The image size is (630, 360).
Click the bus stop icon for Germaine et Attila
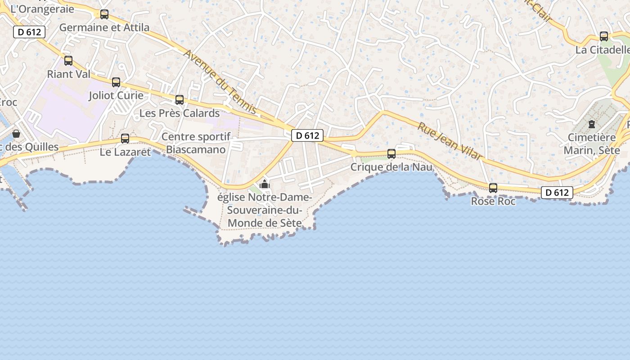click(104, 14)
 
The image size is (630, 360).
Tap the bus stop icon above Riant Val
click(68, 61)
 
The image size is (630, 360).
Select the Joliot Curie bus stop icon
click(116, 82)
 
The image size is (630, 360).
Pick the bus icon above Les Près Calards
click(180, 100)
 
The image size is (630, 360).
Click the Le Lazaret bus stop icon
click(125, 139)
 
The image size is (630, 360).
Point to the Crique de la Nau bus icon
click(391, 154)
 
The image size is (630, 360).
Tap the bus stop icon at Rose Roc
click(493, 188)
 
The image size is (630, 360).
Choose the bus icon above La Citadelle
click(604, 36)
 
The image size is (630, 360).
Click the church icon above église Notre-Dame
click(265, 184)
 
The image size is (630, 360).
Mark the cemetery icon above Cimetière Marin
click(592, 124)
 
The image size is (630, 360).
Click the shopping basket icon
click(16, 134)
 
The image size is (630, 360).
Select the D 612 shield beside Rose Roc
click(557, 193)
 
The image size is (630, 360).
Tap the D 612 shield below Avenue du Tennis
click(307, 135)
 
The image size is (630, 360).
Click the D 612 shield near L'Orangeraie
click(30, 32)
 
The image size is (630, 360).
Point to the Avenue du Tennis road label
click(220, 81)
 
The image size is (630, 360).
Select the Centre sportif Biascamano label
click(196, 143)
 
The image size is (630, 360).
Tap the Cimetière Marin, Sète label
click(592, 144)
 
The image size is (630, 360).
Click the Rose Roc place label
click(493, 201)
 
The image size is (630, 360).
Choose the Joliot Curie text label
click(116, 95)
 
